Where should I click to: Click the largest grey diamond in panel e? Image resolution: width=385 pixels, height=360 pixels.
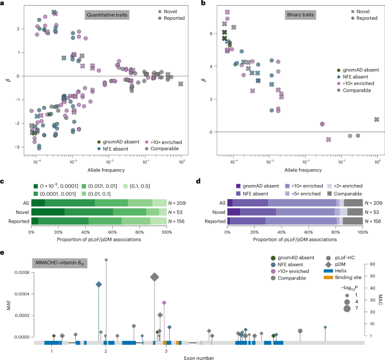point(155,277)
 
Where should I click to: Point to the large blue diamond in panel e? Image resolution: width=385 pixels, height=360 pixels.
point(99,285)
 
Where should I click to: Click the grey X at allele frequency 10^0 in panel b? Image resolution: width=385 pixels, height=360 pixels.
point(376,119)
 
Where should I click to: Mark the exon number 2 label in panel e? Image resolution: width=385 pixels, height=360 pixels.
point(106,350)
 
